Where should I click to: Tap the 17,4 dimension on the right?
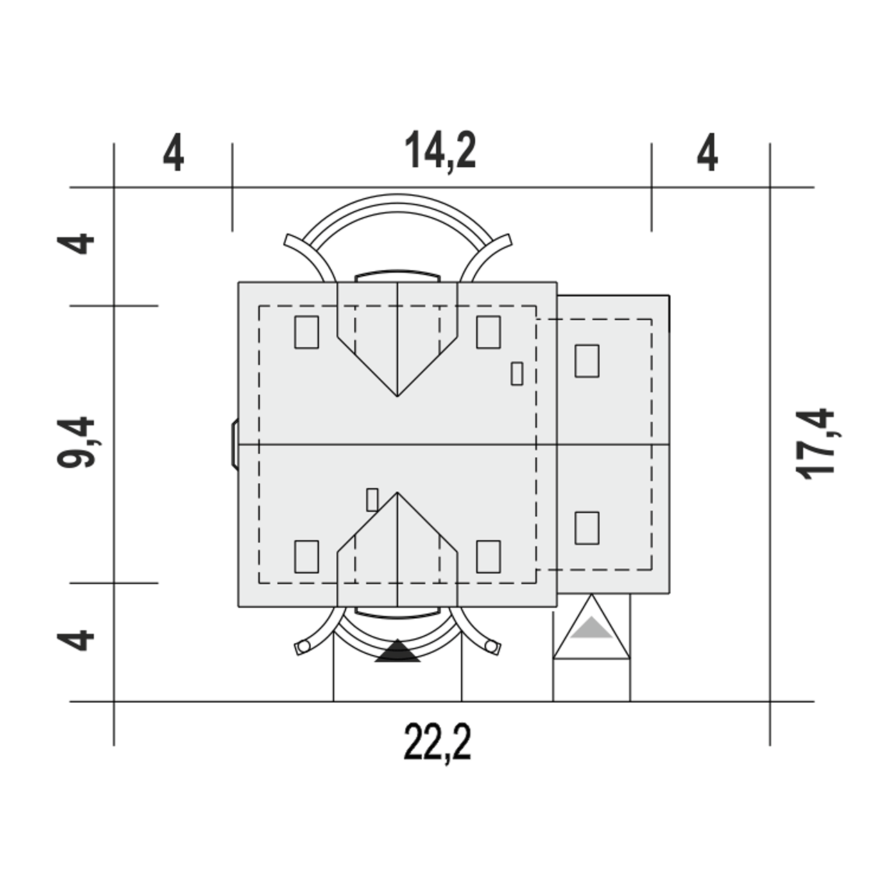[815, 444]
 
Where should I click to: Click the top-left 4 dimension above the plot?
[173, 153]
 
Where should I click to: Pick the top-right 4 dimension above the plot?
[708, 153]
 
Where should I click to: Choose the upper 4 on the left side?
[76, 244]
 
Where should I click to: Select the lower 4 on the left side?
[76, 640]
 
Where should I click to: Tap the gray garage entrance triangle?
[591, 629]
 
